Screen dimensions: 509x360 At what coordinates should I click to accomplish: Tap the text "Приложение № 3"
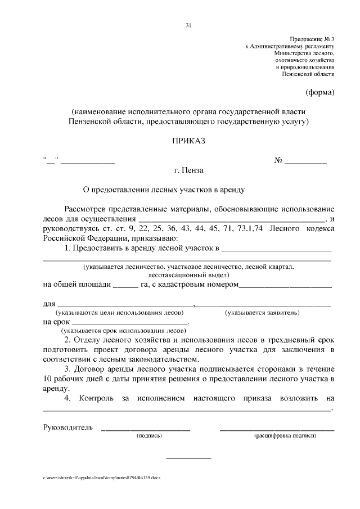click(x=313, y=37)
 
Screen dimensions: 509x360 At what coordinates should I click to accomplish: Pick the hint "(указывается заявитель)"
click(x=262, y=312)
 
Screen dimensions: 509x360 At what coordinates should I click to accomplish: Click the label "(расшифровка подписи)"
click(x=285, y=435)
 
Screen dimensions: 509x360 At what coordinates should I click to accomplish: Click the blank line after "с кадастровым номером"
click(x=286, y=286)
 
